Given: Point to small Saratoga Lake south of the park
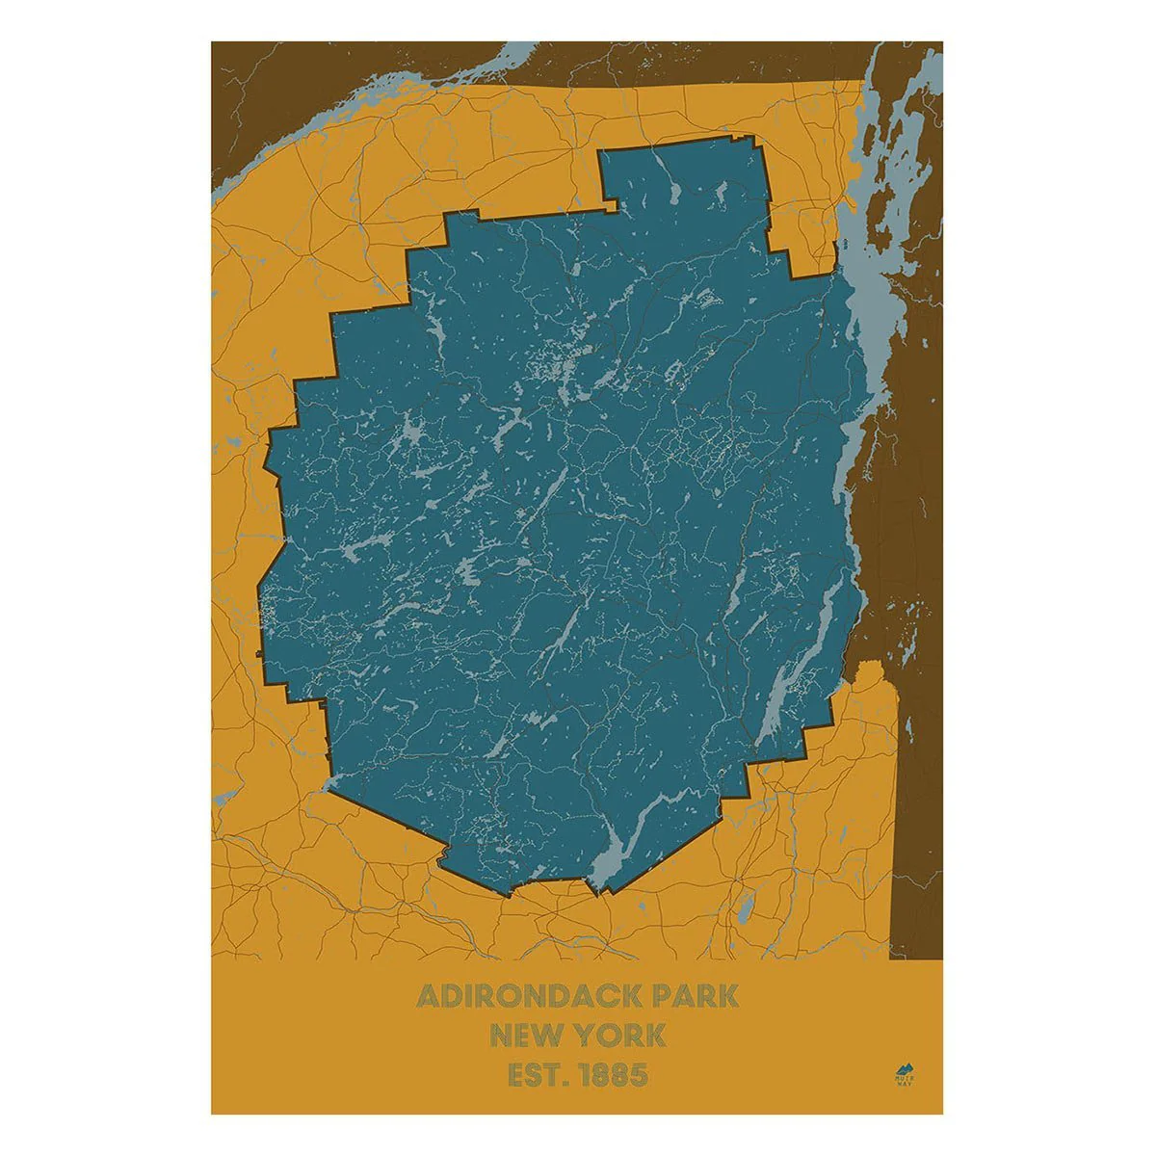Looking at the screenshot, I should [744, 909].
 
